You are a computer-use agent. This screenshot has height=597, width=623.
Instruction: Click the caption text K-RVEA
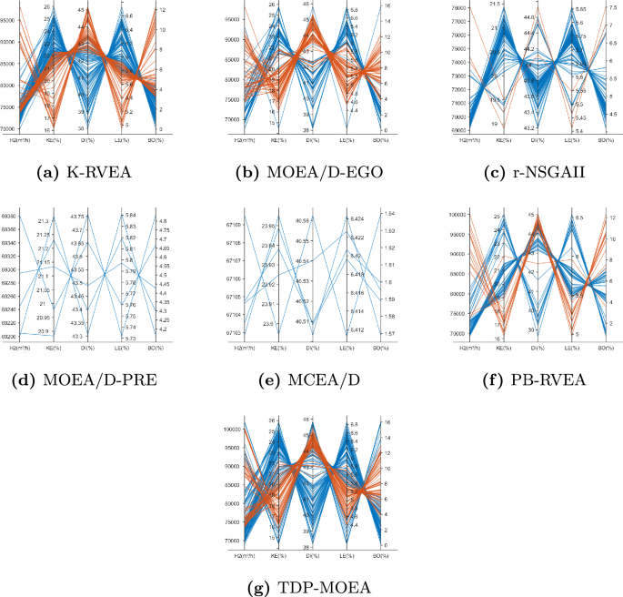pos(102,173)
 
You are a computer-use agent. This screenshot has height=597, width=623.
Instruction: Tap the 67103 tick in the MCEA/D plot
pos(233,333)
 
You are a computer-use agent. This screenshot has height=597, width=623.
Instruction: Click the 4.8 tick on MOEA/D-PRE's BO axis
pos(162,221)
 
